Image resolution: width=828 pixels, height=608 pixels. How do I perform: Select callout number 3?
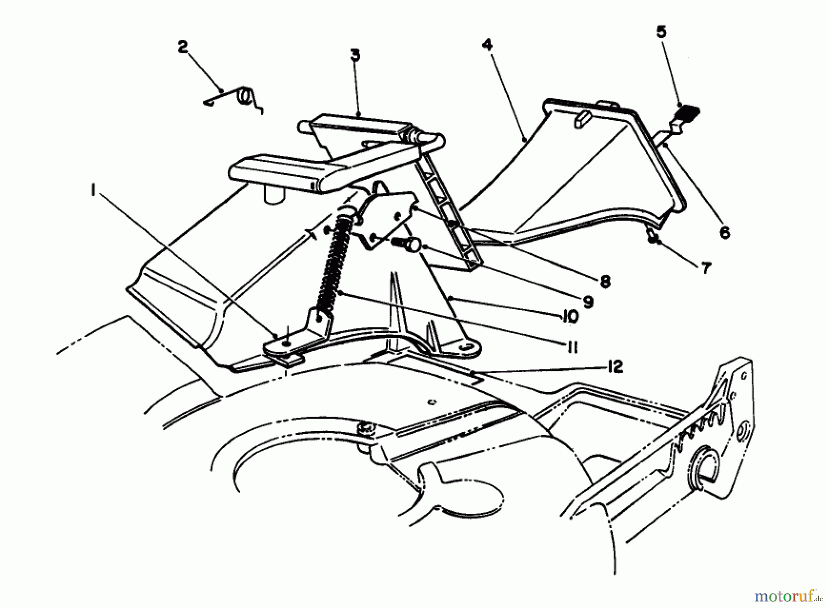(x=355, y=56)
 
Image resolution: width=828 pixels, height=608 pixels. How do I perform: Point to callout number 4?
(x=487, y=45)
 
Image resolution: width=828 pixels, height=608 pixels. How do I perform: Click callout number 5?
(x=661, y=32)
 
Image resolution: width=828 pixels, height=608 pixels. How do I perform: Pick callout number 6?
(x=724, y=233)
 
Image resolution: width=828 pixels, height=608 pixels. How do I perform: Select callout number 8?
(x=605, y=281)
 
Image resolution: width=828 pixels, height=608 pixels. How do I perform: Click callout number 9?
(x=588, y=301)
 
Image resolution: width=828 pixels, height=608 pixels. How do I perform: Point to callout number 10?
(x=569, y=316)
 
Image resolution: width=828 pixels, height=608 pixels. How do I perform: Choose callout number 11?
(x=571, y=348)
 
